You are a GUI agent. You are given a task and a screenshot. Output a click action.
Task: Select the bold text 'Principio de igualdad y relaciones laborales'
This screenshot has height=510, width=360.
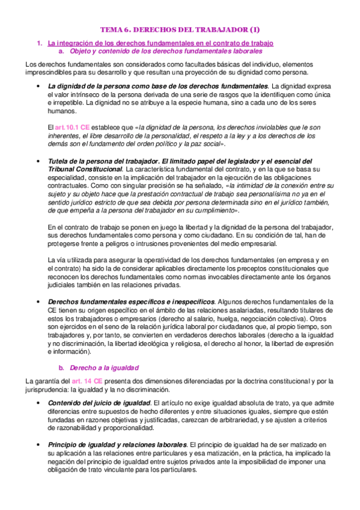pos(118,444)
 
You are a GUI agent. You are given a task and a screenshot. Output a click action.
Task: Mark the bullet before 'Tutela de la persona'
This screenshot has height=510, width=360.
pos(38,162)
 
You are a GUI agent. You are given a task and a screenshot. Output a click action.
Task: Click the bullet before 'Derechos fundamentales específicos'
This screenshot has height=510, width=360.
pos(38,301)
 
